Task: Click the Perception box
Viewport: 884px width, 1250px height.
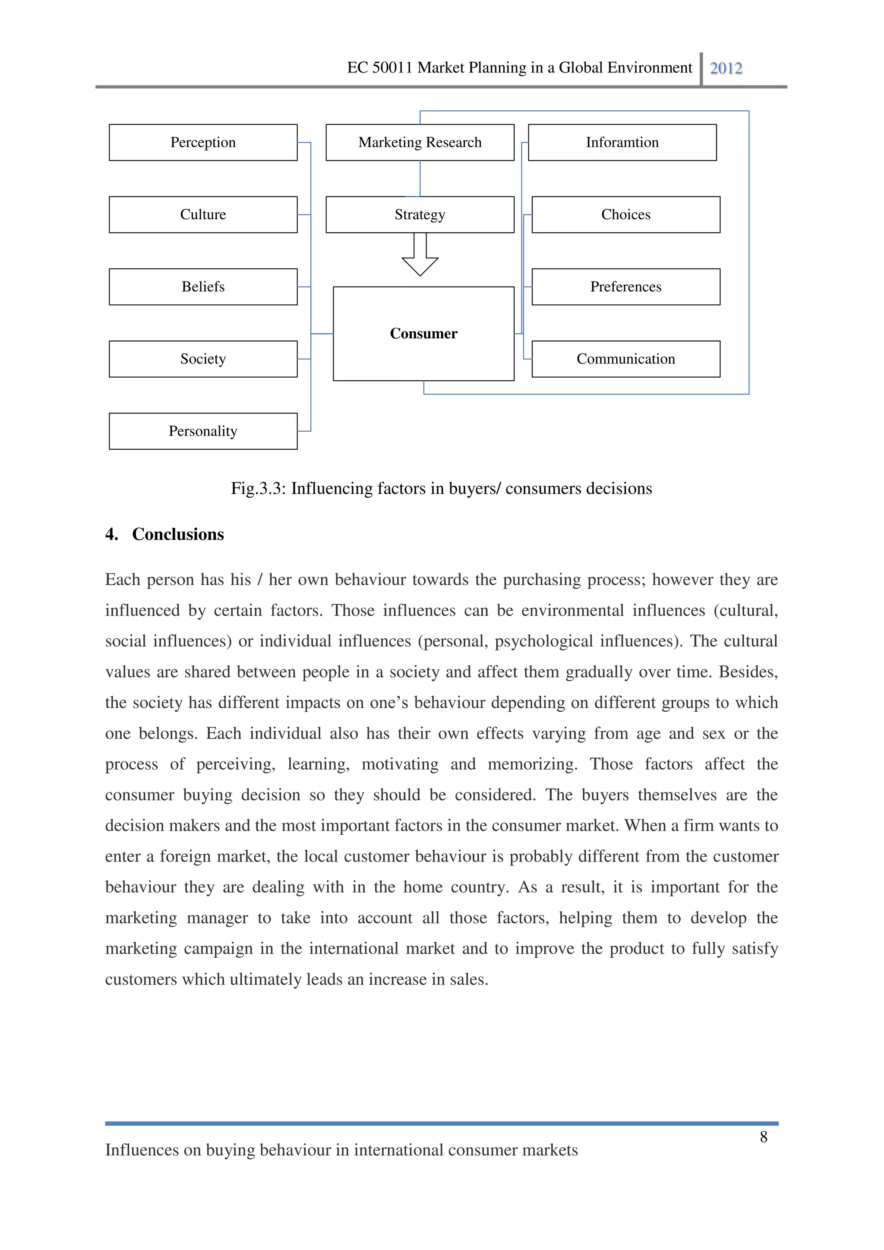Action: coord(203,142)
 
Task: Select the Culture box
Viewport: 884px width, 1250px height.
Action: coord(203,215)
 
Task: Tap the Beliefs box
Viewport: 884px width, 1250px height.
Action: coord(203,287)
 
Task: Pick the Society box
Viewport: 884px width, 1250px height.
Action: coord(203,359)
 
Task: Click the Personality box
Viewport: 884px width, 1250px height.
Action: coord(203,431)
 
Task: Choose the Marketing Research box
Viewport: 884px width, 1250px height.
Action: coord(420,142)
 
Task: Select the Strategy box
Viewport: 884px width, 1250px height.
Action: coord(420,215)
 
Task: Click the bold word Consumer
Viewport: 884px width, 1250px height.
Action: coord(423,333)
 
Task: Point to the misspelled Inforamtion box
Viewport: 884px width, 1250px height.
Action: coord(622,142)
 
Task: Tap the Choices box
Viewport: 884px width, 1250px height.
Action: coord(625,215)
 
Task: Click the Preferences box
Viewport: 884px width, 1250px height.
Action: coord(625,287)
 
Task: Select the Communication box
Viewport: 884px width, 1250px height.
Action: coord(625,359)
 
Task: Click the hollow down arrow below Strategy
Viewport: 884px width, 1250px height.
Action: coord(420,256)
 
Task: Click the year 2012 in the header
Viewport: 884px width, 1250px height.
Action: coord(726,68)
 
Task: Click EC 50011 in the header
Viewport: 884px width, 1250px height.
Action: coord(379,67)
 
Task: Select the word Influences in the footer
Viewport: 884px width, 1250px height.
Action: coord(142,1150)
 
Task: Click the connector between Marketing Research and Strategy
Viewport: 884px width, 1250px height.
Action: coord(420,179)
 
